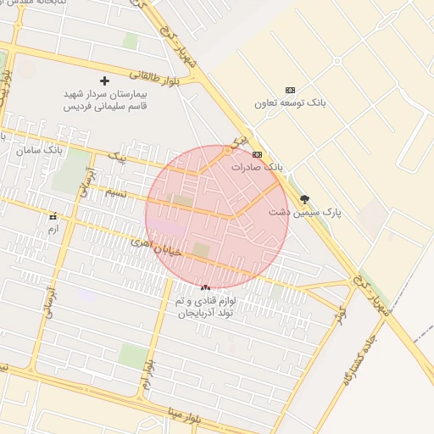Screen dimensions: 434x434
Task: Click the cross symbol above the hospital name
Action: pyautogui.click(x=104, y=81)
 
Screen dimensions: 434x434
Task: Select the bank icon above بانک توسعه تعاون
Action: pyautogui.click(x=291, y=90)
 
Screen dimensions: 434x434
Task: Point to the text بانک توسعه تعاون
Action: pyautogui.click(x=290, y=103)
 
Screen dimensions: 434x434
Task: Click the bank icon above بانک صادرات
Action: pyautogui.click(x=257, y=154)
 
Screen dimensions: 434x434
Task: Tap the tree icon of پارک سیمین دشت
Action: pyautogui.click(x=304, y=200)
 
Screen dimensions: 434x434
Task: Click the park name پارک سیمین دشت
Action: pyautogui.click(x=304, y=213)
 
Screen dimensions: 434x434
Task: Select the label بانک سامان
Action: pyautogui.click(x=40, y=150)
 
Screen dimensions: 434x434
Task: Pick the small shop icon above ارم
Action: pyautogui.click(x=54, y=217)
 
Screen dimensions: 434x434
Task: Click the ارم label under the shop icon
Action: pyautogui.click(x=54, y=229)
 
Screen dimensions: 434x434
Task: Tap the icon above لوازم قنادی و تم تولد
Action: pyautogui.click(x=205, y=288)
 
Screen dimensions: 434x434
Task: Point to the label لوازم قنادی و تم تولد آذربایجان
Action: pyautogui.click(x=205, y=307)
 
